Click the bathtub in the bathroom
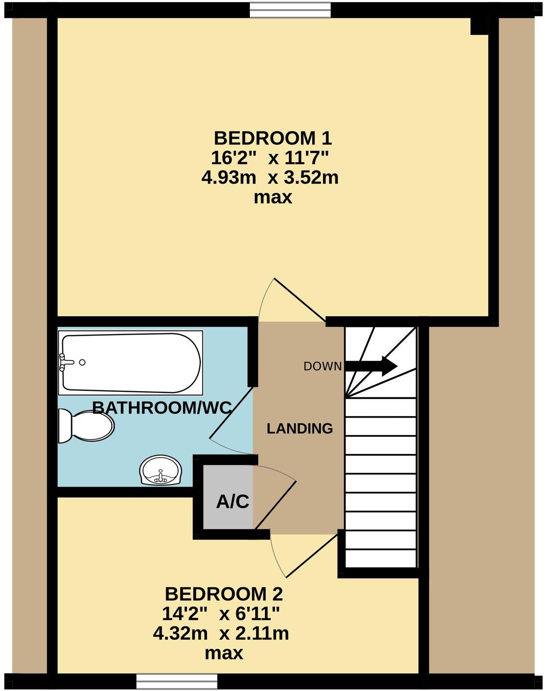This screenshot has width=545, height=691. coord(130,362)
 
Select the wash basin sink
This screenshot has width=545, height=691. coord(160,471)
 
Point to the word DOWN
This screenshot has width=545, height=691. coord(322,366)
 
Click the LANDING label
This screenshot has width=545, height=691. coord(300,428)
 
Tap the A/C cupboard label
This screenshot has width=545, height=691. coord(232,502)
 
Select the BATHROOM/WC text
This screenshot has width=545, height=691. coord(162,408)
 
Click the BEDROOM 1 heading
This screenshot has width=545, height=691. coord(272,138)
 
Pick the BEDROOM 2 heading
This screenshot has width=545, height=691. coord(224,594)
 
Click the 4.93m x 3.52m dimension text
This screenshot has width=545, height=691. coord(270,178)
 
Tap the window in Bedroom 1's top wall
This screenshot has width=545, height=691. coord(290,9)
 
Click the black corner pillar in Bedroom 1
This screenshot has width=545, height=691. coord(479,26)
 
